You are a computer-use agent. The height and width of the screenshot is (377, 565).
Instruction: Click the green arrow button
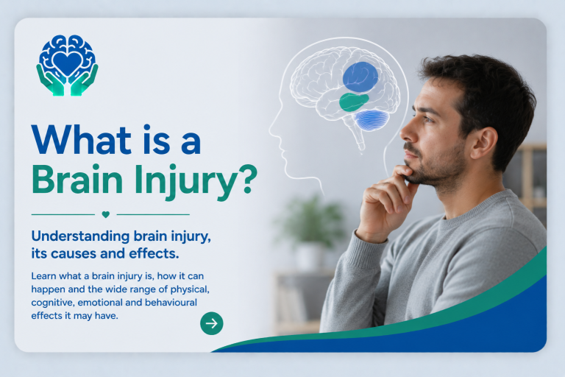click(212, 323)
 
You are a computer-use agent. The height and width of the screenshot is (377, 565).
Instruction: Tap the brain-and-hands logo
click(67, 66)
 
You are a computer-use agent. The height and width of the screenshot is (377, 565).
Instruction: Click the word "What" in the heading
click(82, 140)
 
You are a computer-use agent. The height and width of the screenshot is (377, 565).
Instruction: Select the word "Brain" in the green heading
click(77, 180)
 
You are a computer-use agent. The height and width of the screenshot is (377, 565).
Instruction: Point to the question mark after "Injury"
click(248, 179)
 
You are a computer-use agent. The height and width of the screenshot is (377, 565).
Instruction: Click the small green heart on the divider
click(106, 214)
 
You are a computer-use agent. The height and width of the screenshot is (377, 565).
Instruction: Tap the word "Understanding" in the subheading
click(80, 236)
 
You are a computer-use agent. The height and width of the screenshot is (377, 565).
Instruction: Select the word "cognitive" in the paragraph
click(52, 303)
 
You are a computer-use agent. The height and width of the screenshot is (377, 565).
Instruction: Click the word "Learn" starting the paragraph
click(43, 276)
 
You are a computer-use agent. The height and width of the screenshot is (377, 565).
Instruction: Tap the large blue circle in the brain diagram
click(360, 77)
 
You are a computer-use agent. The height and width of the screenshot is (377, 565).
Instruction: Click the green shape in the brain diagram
click(353, 102)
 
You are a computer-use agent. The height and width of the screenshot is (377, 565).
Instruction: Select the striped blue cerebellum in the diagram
click(372, 120)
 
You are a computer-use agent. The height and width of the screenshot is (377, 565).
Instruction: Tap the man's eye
click(428, 119)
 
